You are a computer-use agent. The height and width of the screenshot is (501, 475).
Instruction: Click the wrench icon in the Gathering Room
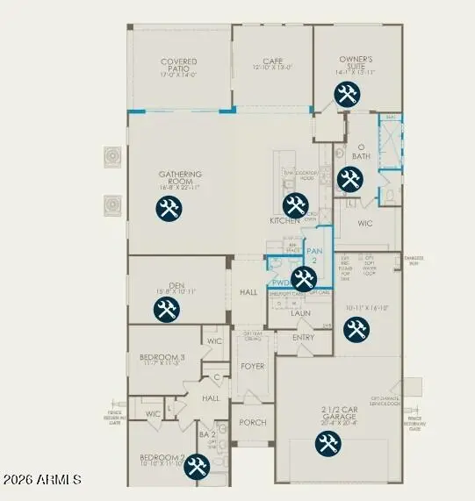(x=168, y=209)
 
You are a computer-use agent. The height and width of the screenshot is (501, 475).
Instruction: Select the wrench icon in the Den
(x=166, y=309)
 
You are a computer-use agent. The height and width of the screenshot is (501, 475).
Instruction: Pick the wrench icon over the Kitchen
(x=295, y=205)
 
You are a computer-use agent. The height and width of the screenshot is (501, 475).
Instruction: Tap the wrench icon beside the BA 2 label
(x=195, y=466)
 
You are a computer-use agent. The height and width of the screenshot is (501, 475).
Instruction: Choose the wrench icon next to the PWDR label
(x=304, y=280)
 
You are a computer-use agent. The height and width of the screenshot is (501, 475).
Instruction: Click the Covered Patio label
(x=178, y=68)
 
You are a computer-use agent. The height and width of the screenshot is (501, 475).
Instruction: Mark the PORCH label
(x=253, y=422)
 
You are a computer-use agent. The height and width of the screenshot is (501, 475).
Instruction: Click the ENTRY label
(x=303, y=337)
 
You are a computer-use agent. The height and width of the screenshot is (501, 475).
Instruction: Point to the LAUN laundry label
(x=301, y=312)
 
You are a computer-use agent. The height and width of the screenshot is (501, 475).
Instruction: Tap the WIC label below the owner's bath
(x=364, y=223)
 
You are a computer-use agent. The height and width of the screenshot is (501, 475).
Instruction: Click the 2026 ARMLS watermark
(x=41, y=480)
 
